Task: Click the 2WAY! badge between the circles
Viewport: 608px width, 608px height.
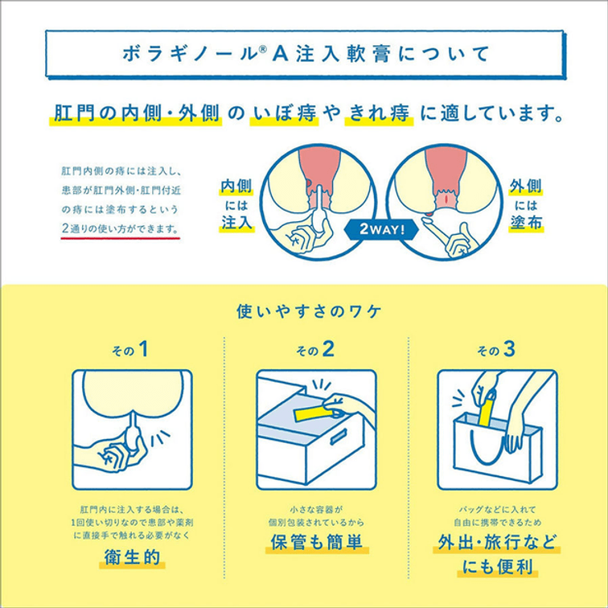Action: tap(381, 229)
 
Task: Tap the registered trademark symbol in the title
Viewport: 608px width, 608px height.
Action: tap(263, 48)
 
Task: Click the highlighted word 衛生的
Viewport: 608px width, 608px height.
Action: tap(132, 557)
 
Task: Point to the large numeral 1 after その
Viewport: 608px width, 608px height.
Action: tap(143, 349)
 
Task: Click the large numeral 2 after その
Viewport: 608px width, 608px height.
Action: tap(327, 349)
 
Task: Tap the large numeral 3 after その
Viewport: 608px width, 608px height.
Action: tap(508, 349)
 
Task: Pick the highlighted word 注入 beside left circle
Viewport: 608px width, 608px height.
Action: tap(236, 223)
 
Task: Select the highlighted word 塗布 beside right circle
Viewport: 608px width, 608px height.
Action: tap(526, 223)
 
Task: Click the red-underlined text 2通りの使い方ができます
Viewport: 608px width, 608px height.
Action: tap(120, 228)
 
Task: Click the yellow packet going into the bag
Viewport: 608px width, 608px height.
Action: tap(487, 409)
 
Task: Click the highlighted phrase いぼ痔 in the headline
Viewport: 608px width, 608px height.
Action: tap(284, 113)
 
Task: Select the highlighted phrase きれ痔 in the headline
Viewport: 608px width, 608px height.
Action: tap(380, 113)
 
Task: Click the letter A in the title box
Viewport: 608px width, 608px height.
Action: tap(282, 55)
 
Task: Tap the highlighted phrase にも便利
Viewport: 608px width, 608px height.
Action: tap(498, 567)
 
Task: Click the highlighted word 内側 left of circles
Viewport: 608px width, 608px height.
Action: tap(236, 187)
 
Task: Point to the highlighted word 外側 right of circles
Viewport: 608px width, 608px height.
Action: tap(526, 187)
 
